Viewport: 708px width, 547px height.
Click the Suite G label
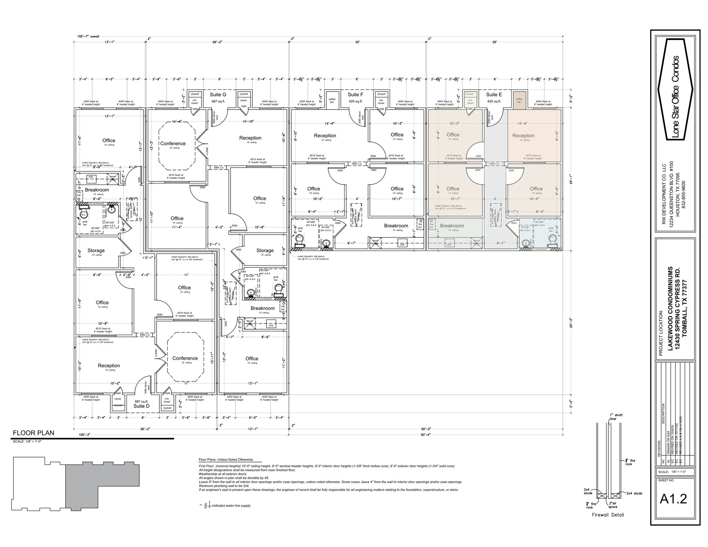point(218,95)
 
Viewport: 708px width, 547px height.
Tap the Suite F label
point(355,95)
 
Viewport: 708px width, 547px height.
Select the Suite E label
point(494,95)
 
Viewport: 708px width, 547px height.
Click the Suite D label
point(141,406)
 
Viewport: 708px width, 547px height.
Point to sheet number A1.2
point(673,499)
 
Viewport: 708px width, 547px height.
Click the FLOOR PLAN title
point(34,433)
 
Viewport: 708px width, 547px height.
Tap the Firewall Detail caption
point(608,515)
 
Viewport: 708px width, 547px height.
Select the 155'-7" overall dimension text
point(88,36)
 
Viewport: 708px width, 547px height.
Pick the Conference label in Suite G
point(173,143)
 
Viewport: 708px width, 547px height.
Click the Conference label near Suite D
point(185,358)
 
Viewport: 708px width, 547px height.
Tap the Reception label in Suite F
point(325,136)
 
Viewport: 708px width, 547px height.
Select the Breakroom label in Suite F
point(396,226)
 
